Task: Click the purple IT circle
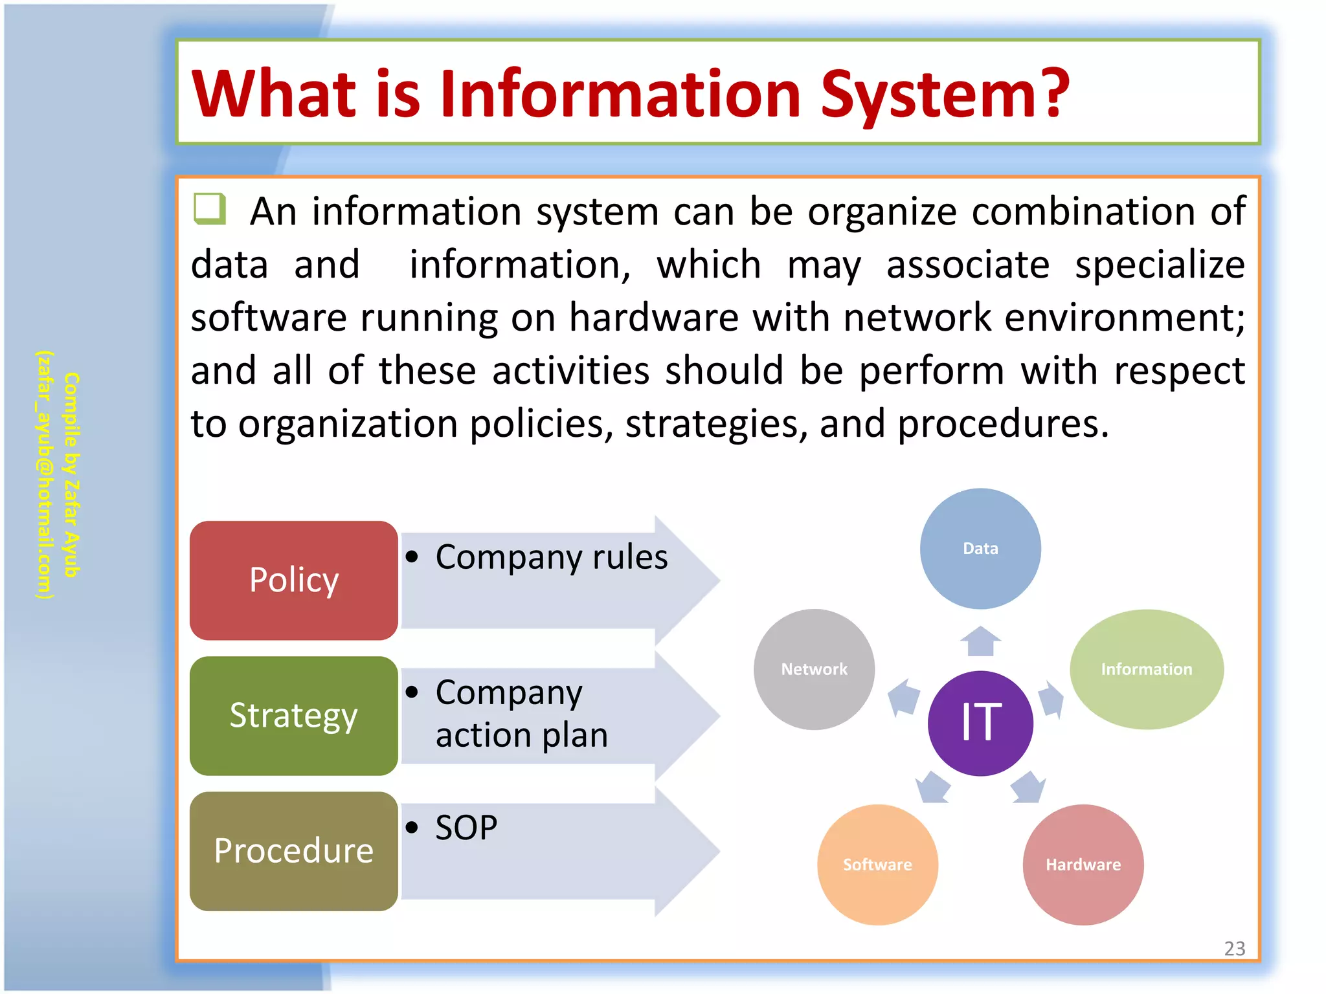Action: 980,723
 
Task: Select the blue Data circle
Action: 980,548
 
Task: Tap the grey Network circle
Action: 814,669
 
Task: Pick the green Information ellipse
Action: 1146,669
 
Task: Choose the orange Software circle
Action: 877,865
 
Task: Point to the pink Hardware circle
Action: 1083,865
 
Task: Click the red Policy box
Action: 294,580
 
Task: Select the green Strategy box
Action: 294,716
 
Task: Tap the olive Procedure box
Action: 294,851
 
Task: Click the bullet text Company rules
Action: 551,557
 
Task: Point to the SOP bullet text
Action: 466,828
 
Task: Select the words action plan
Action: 522,736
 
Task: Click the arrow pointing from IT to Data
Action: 980,641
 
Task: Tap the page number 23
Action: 1234,949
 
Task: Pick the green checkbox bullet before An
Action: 210,209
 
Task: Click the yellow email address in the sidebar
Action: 44,475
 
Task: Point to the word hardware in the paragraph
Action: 654,318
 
